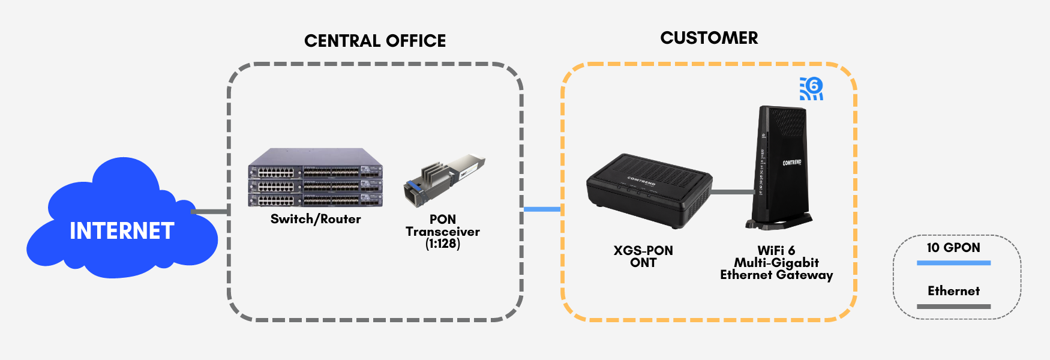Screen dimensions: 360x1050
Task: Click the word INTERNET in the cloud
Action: tap(122, 231)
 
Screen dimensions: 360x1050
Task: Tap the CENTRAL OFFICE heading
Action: tap(375, 41)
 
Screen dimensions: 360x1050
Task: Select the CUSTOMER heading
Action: tap(709, 38)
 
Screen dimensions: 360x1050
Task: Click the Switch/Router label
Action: tap(316, 219)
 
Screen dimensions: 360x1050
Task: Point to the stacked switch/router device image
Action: tap(316, 178)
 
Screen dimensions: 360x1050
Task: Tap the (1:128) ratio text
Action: tap(443, 244)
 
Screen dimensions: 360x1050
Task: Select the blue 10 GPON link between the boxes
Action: tap(542, 209)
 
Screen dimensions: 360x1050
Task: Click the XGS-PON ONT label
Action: tap(643, 256)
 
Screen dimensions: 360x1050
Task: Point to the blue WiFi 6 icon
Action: tap(811, 89)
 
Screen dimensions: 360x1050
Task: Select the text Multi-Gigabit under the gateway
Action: tap(776, 263)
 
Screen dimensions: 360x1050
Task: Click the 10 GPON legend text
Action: tap(953, 248)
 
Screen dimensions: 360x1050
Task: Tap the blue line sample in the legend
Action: tap(953, 263)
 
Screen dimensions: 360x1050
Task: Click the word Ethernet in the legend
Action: tap(953, 291)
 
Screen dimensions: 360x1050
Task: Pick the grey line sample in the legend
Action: tap(953, 307)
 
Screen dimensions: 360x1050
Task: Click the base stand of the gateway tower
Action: tap(780, 223)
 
